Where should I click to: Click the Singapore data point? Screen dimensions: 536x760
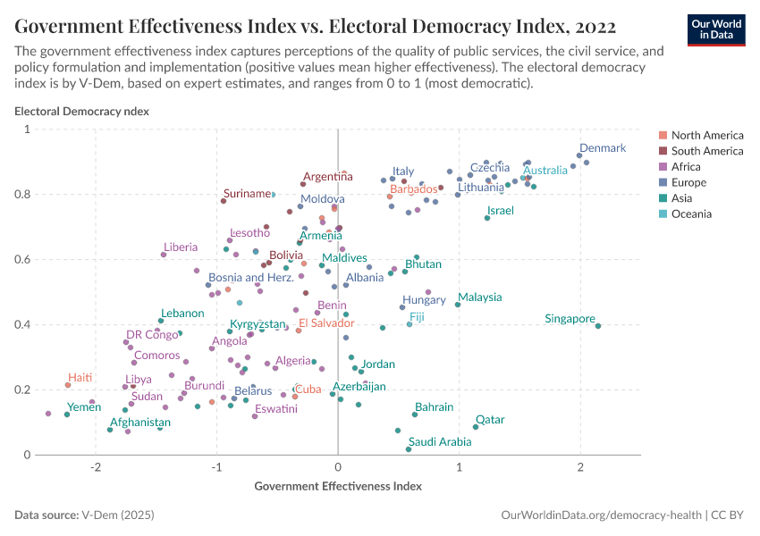(x=598, y=326)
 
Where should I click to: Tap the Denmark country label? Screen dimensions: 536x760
(x=603, y=148)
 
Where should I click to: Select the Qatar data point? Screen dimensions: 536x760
(x=476, y=427)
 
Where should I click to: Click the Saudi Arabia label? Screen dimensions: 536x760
(x=439, y=441)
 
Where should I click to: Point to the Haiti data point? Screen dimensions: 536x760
(x=68, y=385)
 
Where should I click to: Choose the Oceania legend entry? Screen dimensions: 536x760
(x=691, y=214)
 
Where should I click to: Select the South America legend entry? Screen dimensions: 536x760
(x=706, y=151)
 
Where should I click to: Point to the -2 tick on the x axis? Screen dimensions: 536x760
(x=95, y=469)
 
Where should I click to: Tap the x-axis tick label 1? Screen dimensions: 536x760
(x=459, y=469)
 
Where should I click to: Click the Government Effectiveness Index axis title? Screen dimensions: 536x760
(x=338, y=487)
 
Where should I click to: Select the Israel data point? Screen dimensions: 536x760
(x=487, y=218)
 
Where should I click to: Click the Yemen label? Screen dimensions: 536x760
(x=84, y=407)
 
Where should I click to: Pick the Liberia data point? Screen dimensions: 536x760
(x=164, y=255)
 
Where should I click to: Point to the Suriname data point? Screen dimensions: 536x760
(x=224, y=201)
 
